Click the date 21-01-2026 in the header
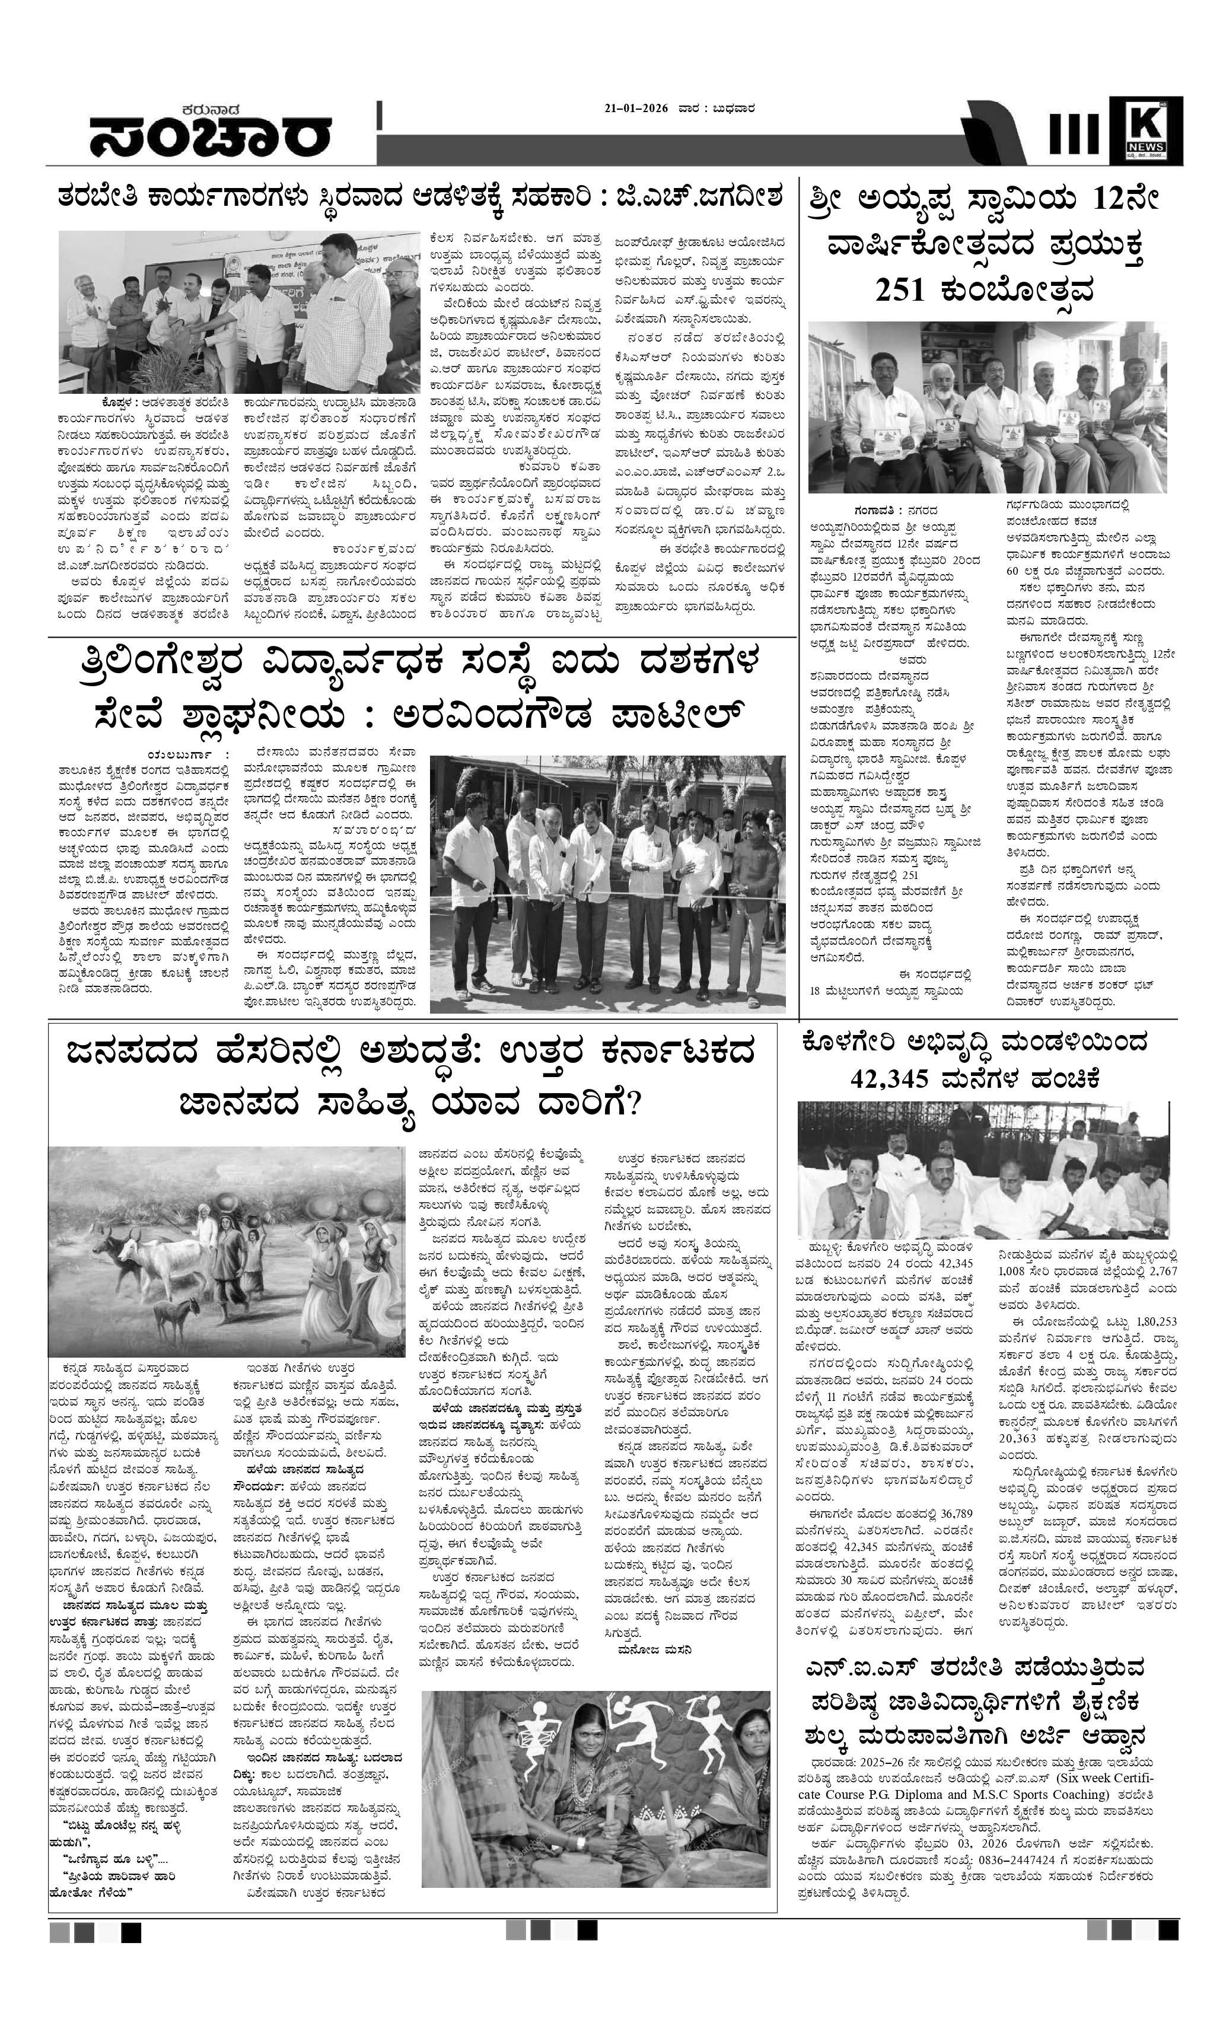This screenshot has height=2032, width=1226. click(636, 108)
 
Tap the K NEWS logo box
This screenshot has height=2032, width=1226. click(1145, 129)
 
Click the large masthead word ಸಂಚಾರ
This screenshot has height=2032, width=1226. click(210, 139)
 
